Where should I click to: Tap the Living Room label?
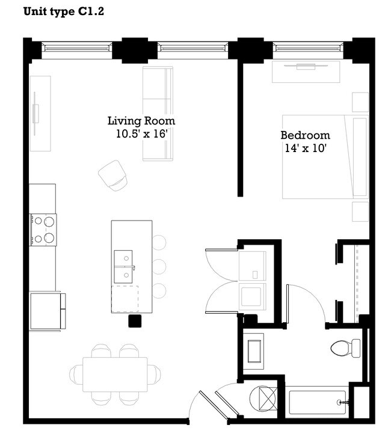(141, 121)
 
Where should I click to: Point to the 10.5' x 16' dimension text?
(141, 134)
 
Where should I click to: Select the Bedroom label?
(305, 135)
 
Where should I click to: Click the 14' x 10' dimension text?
(305, 148)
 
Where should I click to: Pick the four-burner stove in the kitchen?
(43, 230)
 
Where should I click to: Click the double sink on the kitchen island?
(124, 267)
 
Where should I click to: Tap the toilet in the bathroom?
(345, 347)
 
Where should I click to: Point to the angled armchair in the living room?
(113, 176)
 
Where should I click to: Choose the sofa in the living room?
(157, 114)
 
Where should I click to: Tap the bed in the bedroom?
(325, 156)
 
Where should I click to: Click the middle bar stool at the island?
(158, 266)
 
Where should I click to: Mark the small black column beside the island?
(135, 320)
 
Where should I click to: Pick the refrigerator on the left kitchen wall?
(46, 310)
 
